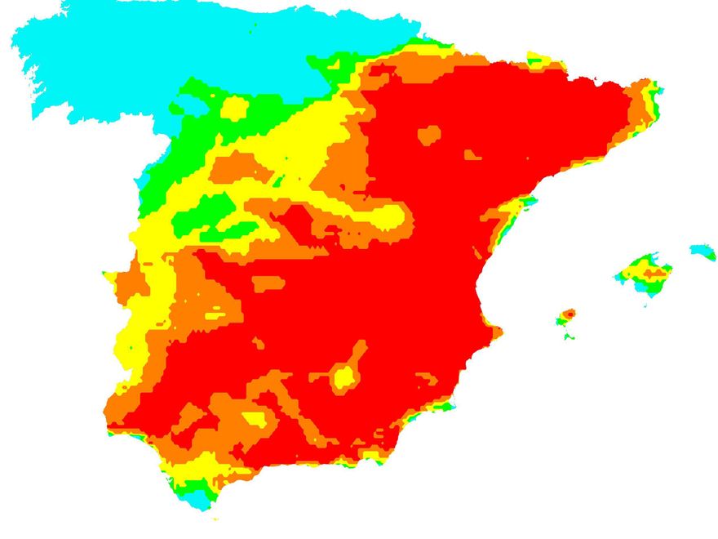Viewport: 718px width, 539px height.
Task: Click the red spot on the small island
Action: [570, 313]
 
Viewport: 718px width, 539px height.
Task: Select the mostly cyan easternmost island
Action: [700, 250]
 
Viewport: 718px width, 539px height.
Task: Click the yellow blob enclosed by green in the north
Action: [234, 108]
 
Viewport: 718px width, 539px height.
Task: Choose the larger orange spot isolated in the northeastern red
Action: [429, 135]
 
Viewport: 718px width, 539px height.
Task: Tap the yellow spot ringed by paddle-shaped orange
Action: [344, 376]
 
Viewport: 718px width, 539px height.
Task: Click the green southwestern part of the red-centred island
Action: [561, 320]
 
